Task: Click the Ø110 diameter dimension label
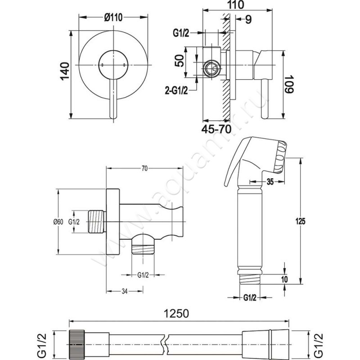click(x=114, y=18)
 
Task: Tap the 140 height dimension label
click(x=65, y=72)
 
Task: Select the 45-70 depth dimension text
click(x=217, y=130)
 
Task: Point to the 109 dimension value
click(x=288, y=83)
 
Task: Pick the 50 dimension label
click(x=179, y=61)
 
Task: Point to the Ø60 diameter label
click(x=57, y=221)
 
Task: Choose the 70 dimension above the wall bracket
click(x=145, y=169)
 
